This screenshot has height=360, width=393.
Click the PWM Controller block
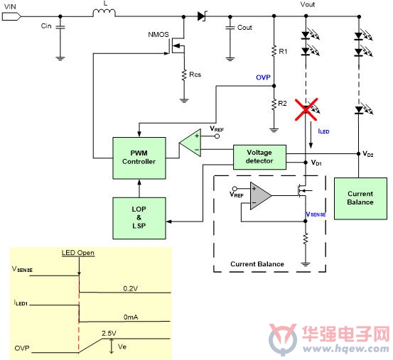139,158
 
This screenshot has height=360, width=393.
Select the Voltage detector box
259,157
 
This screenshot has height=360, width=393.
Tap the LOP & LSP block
139,218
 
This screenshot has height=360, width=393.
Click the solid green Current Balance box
360,199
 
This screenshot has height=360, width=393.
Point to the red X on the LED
306,109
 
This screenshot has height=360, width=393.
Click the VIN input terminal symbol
11,17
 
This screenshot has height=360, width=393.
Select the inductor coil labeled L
104,13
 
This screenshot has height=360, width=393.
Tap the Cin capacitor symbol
60,27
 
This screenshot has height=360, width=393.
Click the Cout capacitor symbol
230,27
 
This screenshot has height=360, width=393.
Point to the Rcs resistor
184,75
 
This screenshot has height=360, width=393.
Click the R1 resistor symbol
274,51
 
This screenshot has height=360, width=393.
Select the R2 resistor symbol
274,104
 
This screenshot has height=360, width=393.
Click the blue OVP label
263,77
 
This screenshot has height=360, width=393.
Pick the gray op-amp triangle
259,196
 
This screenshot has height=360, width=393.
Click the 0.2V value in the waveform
130,289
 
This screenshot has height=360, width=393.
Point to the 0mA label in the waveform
131,317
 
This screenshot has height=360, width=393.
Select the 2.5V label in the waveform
109,333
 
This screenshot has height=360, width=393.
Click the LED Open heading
78,253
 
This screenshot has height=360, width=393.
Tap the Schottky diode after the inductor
203,16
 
